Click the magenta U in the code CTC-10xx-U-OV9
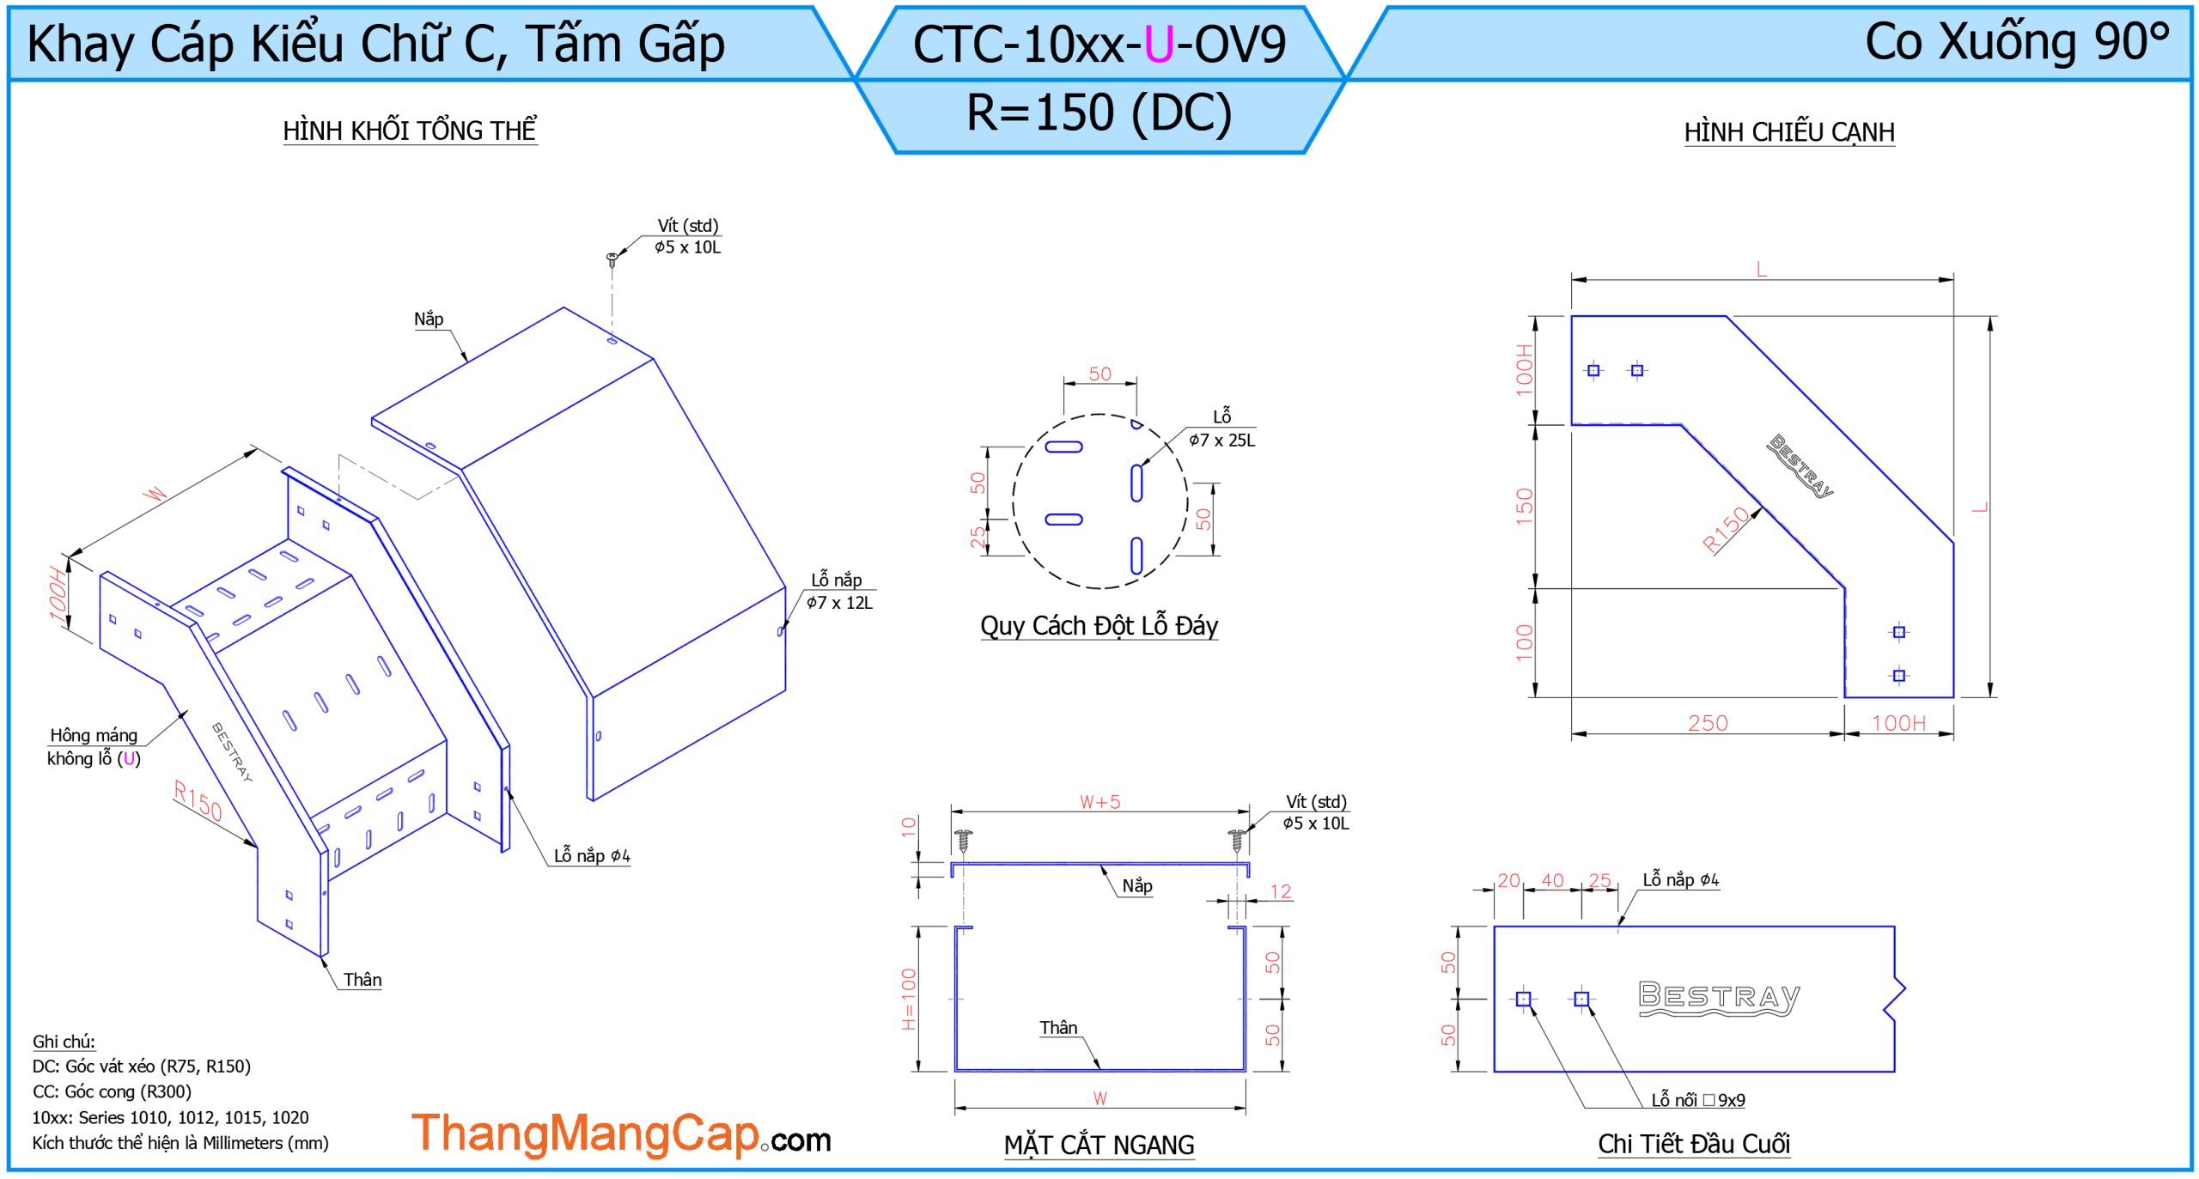pyautogui.click(x=1159, y=45)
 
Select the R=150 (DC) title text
pyautogui.click(x=1099, y=112)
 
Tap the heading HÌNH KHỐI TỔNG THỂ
pyautogui.click(x=410, y=131)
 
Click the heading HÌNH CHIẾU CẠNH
pyautogui.click(x=1789, y=132)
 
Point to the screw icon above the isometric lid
pyautogui.click(x=612, y=258)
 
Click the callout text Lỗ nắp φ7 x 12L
pyautogui.click(x=839, y=592)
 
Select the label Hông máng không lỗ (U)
pyautogui.click(x=94, y=746)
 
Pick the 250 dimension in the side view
pyautogui.click(x=1708, y=723)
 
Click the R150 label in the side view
pyautogui.click(x=1726, y=528)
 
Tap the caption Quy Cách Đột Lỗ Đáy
pyautogui.click(x=1099, y=626)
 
